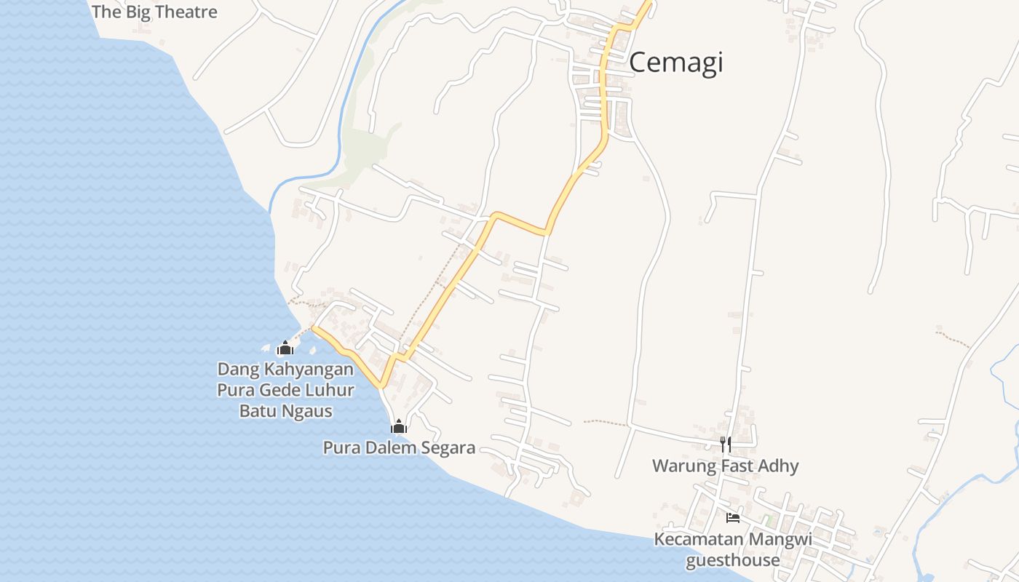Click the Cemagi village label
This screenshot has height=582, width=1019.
pos(675,63)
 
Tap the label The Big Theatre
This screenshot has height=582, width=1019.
pos(154,12)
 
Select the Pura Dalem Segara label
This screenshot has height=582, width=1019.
pos(399,448)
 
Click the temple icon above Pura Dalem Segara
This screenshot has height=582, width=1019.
pos(398,426)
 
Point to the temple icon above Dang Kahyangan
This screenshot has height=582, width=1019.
pos(285,348)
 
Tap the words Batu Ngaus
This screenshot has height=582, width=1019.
pos(286,411)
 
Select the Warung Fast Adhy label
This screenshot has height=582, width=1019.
pos(725,466)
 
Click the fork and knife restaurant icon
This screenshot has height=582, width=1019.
pos(726,444)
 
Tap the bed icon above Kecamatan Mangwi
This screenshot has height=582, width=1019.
pos(733,517)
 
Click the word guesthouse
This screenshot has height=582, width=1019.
pos(732,560)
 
